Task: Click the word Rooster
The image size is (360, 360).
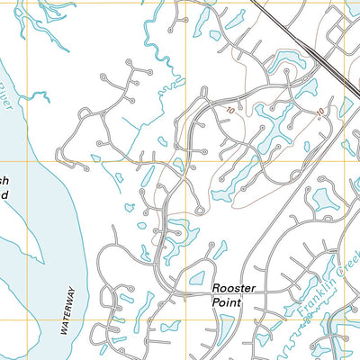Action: (x=234, y=288)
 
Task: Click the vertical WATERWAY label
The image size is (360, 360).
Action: (x=67, y=311)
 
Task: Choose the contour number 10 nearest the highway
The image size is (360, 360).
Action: (x=319, y=112)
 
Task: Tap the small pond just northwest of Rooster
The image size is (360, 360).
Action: (x=197, y=277)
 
